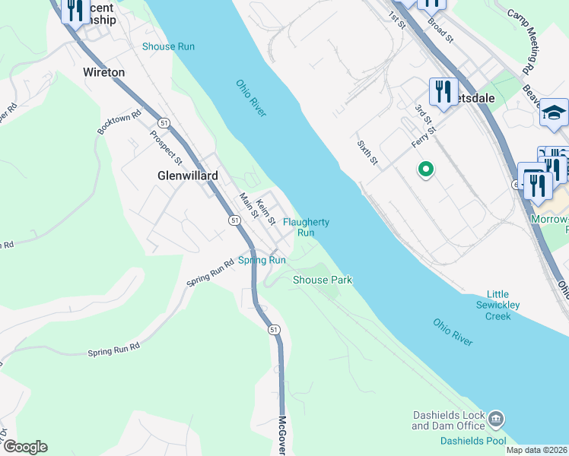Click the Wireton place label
pyautogui.click(x=103, y=73)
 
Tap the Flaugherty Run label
pyautogui.click(x=306, y=227)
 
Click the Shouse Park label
pyautogui.click(x=323, y=280)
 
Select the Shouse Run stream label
pyautogui.click(x=168, y=46)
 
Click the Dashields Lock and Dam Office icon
pyautogui.click(x=496, y=419)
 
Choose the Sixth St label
pyautogui.click(x=367, y=151)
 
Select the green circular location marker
pyautogui.click(x=427, y=169)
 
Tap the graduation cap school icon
pyautogui.click(x=554, y=112)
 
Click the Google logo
pyautogui.click(x=24, y=447)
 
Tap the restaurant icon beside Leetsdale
pyautogui.click(x=441, y=91)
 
